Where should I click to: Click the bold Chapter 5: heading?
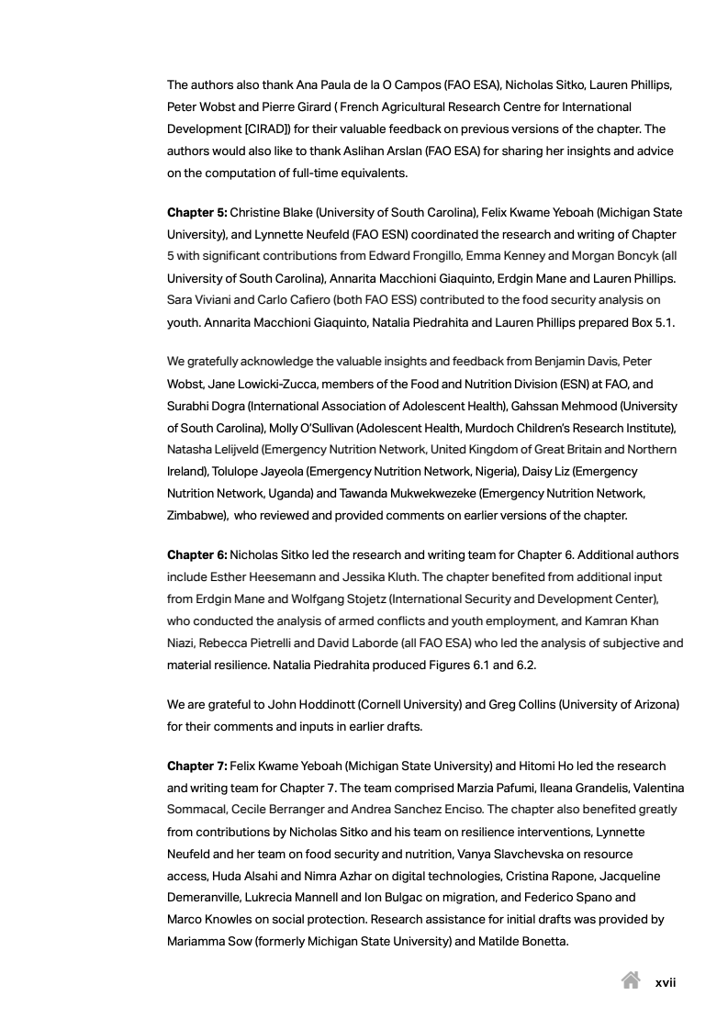click(196, 213)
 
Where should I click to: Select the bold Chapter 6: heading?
click(196, 555)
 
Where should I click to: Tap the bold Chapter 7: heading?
click(196, 766)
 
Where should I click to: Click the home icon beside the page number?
click(631, 981)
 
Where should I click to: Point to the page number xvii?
click(666, 982)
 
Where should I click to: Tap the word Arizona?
click(650, 704)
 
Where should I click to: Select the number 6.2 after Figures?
click(522, 665)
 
